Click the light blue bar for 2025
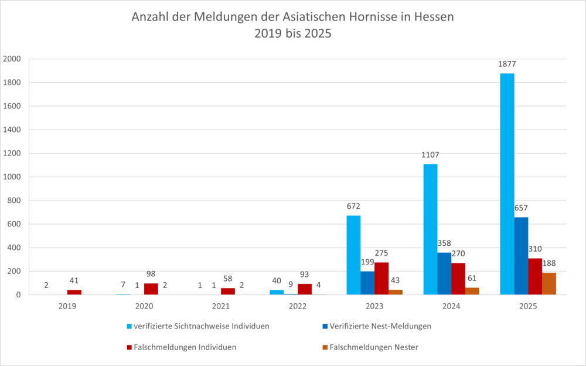click(x=507, y=184)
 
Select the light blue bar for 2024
click(x=430, y=229)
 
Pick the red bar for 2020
click(x=151, y=289)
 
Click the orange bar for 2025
click(x=549, y=284)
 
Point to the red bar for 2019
click(x=74, y=292)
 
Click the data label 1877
click(x=507, y=64)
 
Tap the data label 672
click(x=353, y=206)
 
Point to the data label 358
click(x=444, y=243)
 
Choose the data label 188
click(x=549, y=263)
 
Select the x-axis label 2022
click(x=298, y=306)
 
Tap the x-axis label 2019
click(x=67, y=306)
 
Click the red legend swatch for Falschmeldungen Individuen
click(x=129, y=347)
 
